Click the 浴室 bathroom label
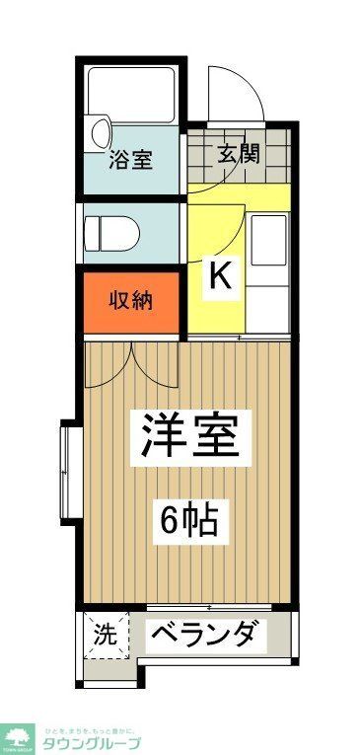[130, 160]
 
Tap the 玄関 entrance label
[238, 153]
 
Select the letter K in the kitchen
[218, 276]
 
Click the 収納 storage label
[130, 300]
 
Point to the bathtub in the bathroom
[132, 94]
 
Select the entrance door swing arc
[238, 94]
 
